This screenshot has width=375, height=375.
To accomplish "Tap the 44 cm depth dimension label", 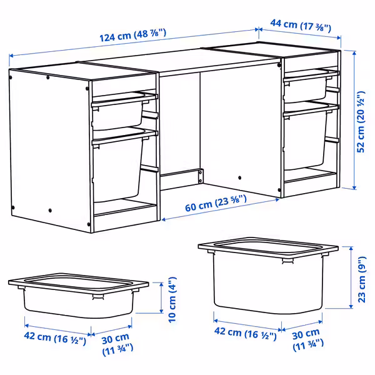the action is click(x=301, y=26).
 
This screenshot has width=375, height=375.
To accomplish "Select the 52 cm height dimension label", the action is click(x=361, y=121).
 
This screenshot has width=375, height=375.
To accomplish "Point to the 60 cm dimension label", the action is click(x=216, y=203).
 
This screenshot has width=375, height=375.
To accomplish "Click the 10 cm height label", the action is click(x=172, y=299).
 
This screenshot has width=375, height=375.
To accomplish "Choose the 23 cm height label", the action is click(x=362, y=279).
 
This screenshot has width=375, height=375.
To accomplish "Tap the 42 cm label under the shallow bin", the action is click(x=55, y=338).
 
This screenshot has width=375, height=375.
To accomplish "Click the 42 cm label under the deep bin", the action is click(x=245, y=333).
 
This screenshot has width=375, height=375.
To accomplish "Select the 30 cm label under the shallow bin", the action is click(x=117, y=344).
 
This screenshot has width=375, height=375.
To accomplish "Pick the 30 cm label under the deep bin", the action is click(x=307, y=339).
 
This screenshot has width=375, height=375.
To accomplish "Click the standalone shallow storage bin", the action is click(x=79, y=295).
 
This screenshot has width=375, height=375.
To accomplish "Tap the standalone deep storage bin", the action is click(x=268, y=275).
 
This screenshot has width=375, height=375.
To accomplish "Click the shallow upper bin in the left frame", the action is click(x=121, y=112).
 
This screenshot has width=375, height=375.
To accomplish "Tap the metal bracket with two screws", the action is click(x=201, y=176).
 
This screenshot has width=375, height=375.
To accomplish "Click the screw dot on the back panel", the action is click(x=239, y=177).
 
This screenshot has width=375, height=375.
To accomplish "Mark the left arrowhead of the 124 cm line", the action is click(x=11, y=56).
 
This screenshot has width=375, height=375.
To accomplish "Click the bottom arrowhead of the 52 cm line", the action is click(x=354, y=187).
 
